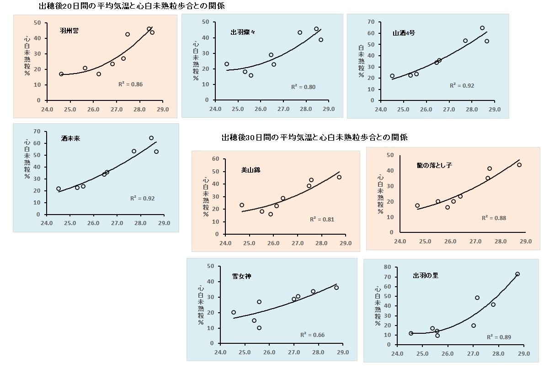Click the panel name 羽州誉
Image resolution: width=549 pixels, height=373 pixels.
(69, 31)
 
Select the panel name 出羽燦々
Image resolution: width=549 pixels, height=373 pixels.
(243, 32)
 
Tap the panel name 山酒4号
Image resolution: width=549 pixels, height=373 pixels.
(404, 33)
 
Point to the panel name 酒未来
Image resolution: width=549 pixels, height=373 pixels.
(70, 138)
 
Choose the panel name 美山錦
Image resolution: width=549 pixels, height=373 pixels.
(251, 170)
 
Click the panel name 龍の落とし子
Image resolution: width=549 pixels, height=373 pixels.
(434, 165)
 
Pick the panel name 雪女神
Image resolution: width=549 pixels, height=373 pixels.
(241, 276)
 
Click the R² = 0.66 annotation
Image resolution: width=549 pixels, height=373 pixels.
(312, 335)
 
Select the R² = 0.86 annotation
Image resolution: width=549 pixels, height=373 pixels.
(130, 84)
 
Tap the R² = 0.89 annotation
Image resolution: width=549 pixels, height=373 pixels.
(499, 337)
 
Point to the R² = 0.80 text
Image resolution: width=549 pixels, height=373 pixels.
(303, 87)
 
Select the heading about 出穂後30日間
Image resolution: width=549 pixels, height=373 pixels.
(314, 137)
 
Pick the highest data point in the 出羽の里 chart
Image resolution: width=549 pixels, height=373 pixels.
(517, 274)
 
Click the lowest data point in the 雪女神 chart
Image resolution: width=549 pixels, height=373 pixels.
(259, 328)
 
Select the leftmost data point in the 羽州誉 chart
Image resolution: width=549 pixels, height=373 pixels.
(61, 74)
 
